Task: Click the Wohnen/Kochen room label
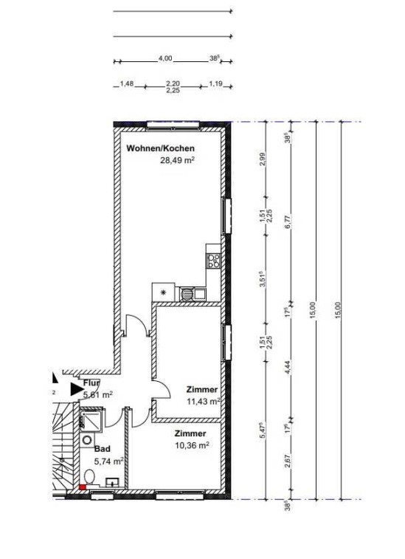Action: (161, 148)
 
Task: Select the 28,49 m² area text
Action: (177, 160)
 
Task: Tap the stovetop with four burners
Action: (214, 260)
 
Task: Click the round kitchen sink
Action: (187, 294)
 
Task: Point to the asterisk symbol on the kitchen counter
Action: (164, 292)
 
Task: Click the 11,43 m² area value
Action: (204, 402)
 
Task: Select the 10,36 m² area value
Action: (192, 445)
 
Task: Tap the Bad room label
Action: (103, 449)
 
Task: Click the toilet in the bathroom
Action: (89, 477)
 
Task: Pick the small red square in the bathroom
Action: (83, 487)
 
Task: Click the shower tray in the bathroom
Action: (92, 419)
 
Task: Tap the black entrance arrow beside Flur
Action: (76, 389)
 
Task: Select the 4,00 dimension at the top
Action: (165, 58)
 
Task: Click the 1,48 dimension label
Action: (126, 83)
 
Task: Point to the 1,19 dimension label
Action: (215, 83)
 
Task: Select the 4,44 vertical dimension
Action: (288, 366)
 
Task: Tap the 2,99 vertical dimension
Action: (263, 159)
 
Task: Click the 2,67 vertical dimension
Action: (288, 461)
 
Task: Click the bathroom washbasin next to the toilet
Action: (114, 483)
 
